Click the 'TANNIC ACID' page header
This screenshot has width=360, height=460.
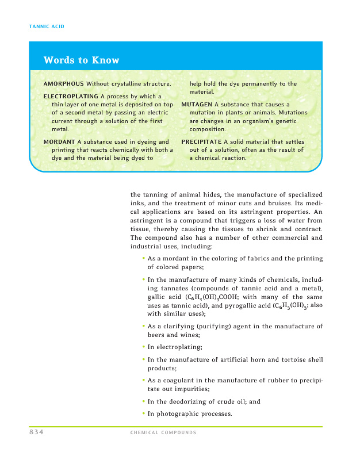45,26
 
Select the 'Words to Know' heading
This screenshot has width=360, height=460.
81,60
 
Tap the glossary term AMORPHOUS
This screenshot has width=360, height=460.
63,84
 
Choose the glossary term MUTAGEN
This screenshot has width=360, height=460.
197,104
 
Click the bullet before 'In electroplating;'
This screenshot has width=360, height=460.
143,347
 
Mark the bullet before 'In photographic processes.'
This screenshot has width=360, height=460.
143,414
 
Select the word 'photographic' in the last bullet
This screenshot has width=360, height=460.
176,414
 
